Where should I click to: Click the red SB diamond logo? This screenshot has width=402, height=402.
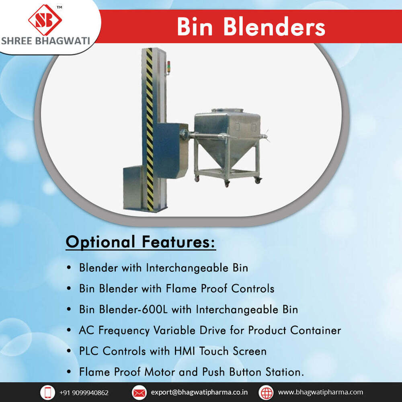pyautogui.click(x=45, y=20)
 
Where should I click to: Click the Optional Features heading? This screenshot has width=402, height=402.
pyautogui.click(x=141, y=242)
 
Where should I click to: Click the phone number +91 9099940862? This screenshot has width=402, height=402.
pyautogui.click(x=84, y=392)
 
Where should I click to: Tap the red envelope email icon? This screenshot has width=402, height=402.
pyautogui.click(x=139, y=392)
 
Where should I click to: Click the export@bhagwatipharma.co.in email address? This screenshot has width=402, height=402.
pyautogui.click(x=199, y=392)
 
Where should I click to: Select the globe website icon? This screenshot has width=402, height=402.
pyautogui.click(x=266, y=392)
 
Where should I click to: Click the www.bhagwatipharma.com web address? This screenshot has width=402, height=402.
pyautogui.click(x=320, y=392)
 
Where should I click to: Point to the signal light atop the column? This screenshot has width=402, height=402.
pyautogui.click(x=169, y=67)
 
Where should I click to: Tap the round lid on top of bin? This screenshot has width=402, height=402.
pyautogui.click(x=228, y=110)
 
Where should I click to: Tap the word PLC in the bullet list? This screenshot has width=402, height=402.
pyautogui.click(x=89, y=351)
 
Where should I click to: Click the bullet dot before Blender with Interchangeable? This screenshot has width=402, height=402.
pyautogui.click(x=70, y=267)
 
